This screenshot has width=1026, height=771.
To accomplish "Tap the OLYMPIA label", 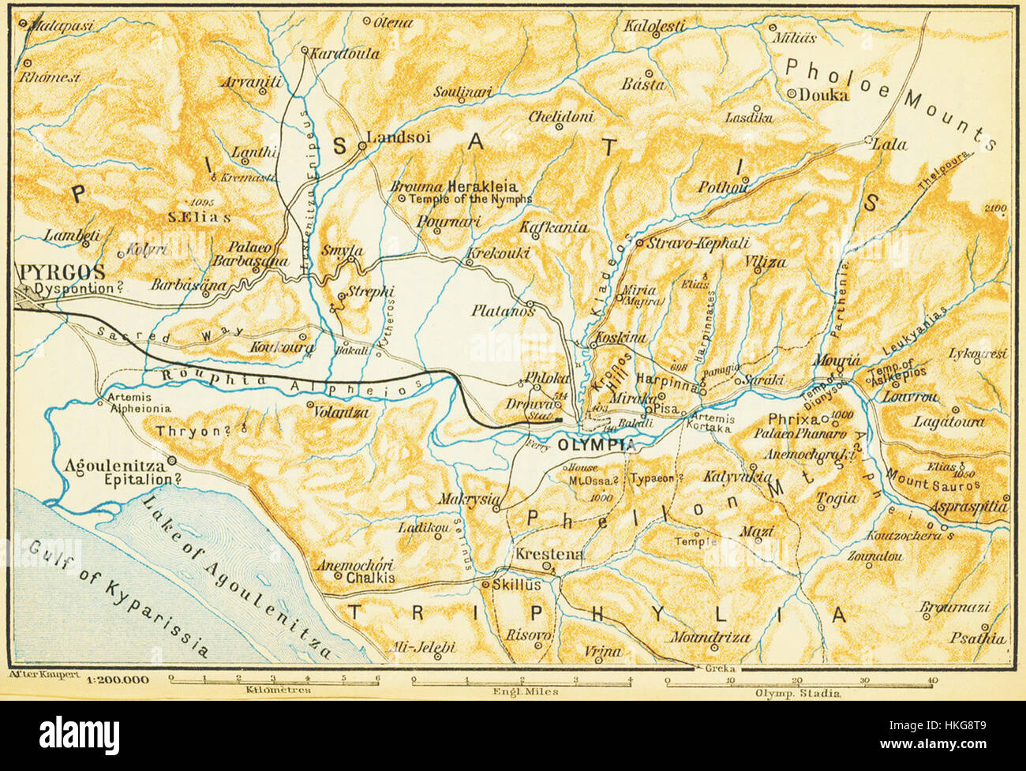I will pos(596,445).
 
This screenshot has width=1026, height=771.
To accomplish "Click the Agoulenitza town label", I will pos(115,464).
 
